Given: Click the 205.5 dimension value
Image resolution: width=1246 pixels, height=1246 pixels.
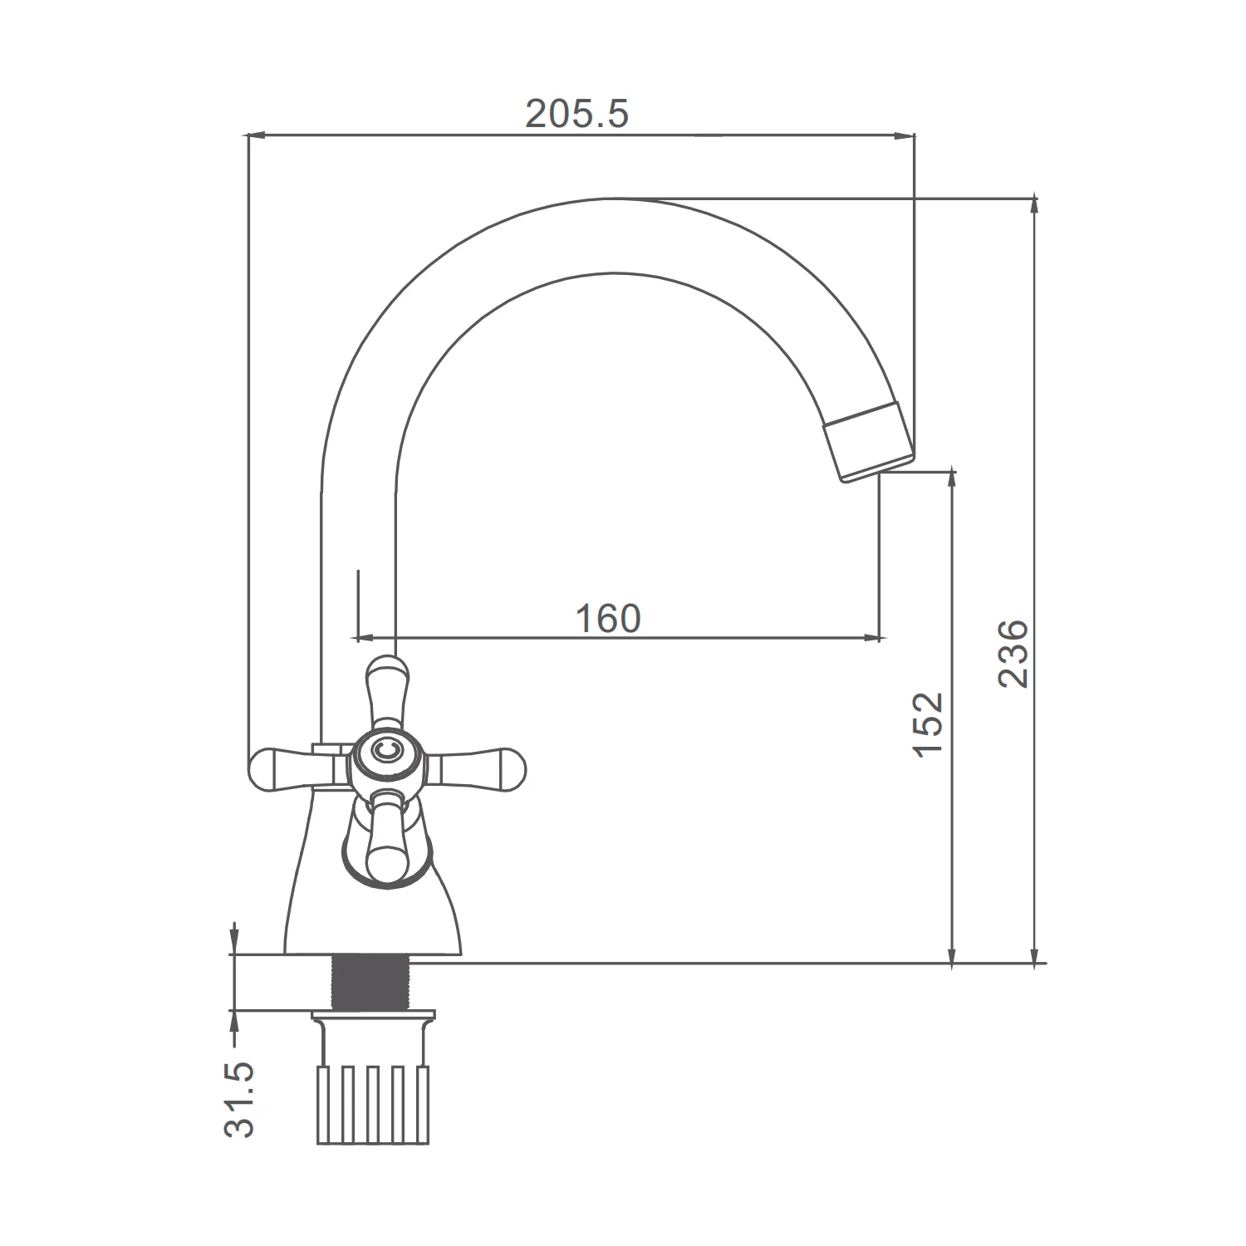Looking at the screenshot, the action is click(x=577, y=114).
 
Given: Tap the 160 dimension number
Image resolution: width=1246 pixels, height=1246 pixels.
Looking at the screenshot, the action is click(x=609, y=619).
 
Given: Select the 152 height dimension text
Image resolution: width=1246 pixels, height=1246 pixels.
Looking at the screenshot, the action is click(x=928, y=723).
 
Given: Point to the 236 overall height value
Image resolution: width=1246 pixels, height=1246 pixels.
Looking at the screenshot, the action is click(x=1013, y=653).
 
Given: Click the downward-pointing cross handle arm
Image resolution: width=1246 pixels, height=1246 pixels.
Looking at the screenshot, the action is click(x=387, y=835).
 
